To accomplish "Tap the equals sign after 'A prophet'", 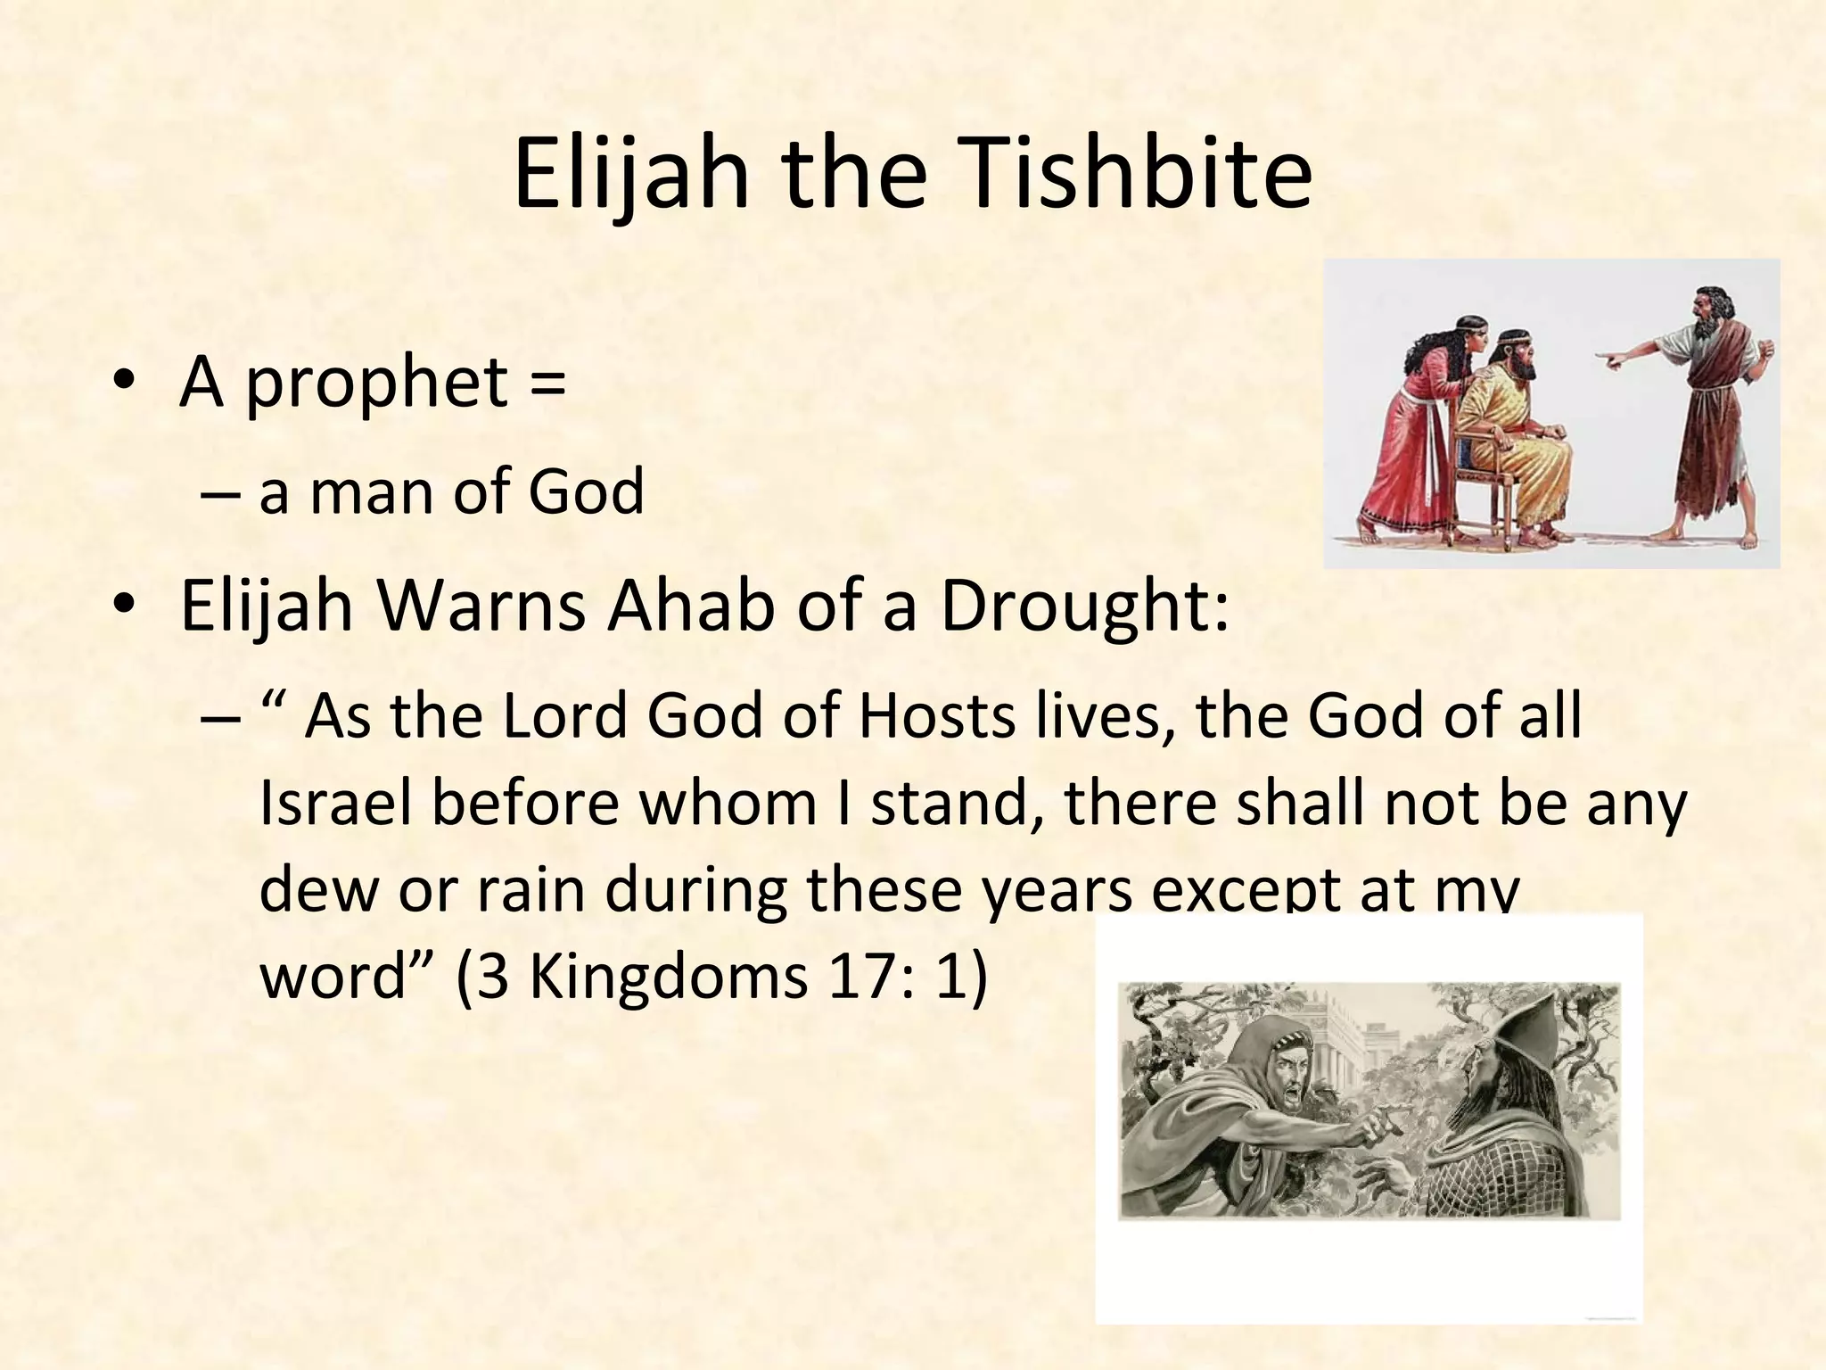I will pyautogui.click(x=547, y=382).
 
